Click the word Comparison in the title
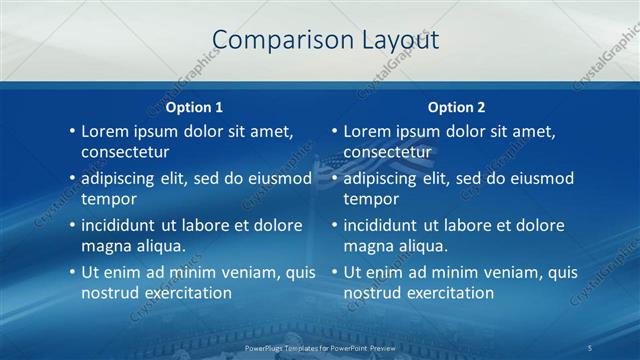click(x=272, y=40)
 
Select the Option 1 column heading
click(x=194, y=107)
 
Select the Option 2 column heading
click(x=456, y=107)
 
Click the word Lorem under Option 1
click(x=104, y=131)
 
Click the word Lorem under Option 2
click(x=366, y=131)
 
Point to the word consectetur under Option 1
click(x=125, y=152)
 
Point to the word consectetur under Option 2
click(x=387, y=152)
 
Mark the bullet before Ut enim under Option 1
click(x=72, y=272)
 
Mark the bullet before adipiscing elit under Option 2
click(x=334, y=178)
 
